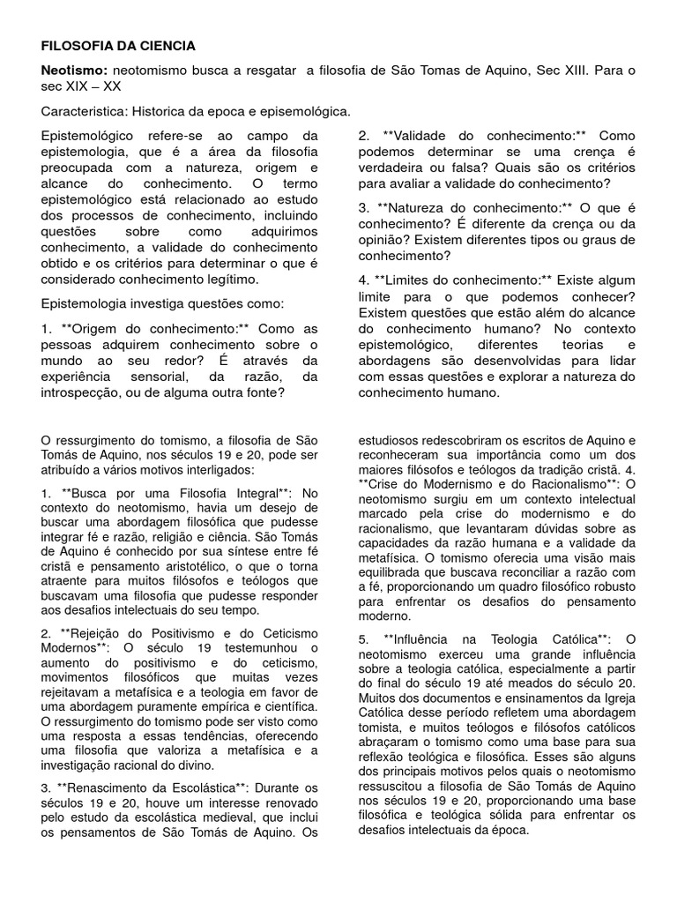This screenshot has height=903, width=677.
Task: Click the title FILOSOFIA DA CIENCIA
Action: [119, 45]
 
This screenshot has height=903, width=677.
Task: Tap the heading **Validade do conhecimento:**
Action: [485, 137]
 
